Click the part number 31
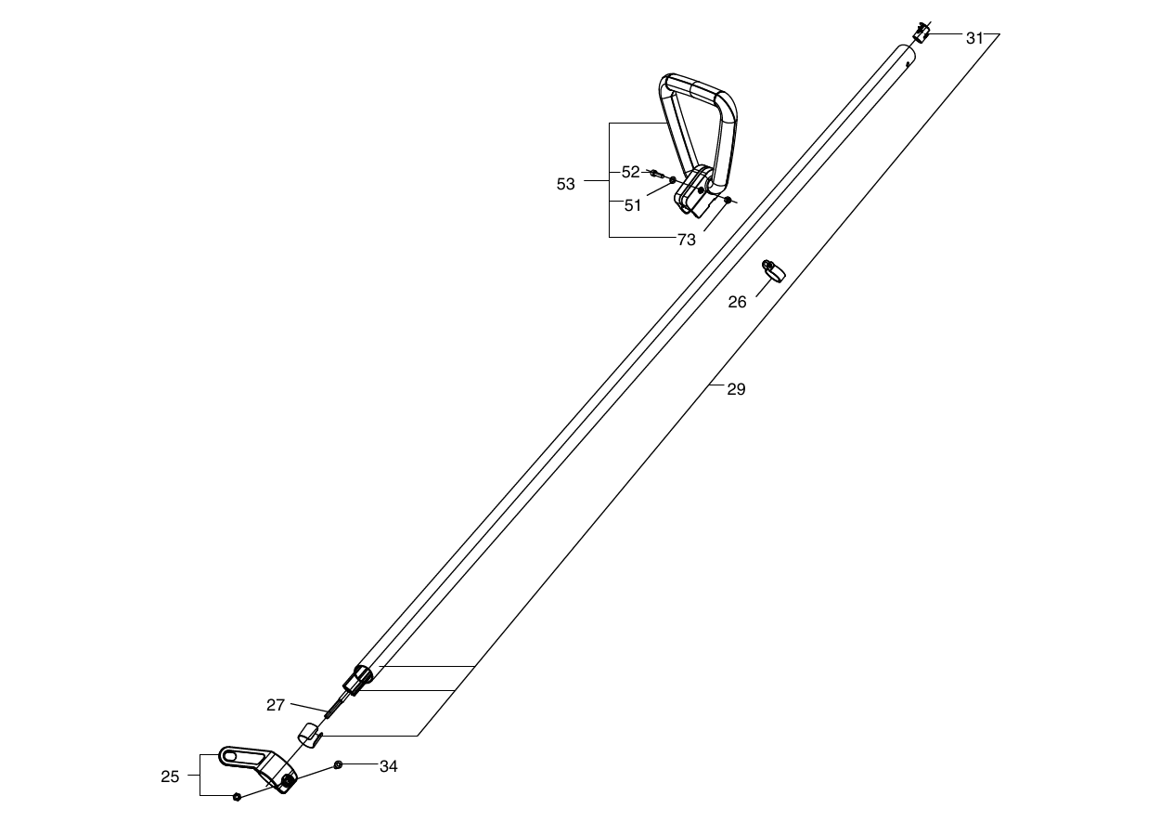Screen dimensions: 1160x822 click(x=974, y=38)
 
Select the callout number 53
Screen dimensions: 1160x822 click(x=565, y=184)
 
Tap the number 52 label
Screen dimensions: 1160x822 click(x=630, y=172)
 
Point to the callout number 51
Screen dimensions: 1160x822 click(x=632, y=206)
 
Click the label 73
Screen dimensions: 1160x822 click(x=686, y=240)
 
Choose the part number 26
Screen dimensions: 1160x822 click(x=737, y=302)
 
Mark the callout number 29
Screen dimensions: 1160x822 click(x=736, y=389)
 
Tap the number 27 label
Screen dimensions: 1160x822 click(x=276, y=705)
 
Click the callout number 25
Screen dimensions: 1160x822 click(x=170, y=776)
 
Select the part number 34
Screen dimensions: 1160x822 click(x=389, y=766)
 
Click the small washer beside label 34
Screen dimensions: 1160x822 click(x=338, y=764)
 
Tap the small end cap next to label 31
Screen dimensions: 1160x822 click(x=922, y=33)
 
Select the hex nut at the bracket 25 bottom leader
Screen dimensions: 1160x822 click(x=237, y=797)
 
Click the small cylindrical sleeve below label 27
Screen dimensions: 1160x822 click(x=309, y=736)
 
